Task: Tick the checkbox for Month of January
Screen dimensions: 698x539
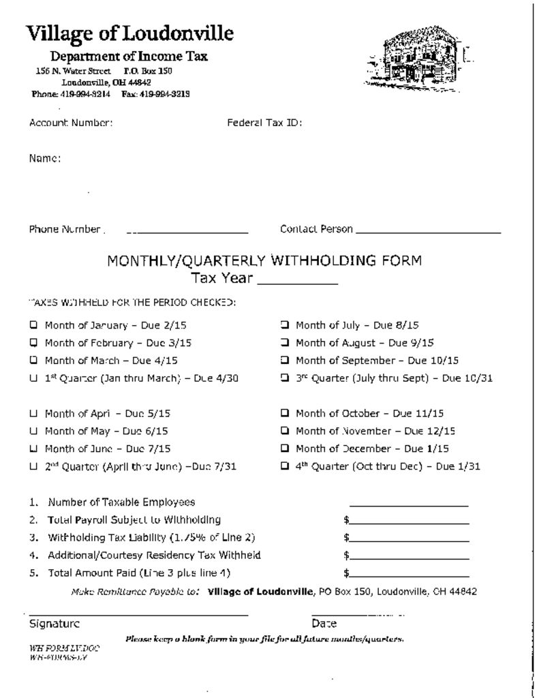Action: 33,325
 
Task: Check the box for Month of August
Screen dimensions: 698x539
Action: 285,343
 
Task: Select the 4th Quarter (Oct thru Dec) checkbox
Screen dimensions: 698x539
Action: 285,467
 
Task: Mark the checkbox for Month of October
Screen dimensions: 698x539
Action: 285,413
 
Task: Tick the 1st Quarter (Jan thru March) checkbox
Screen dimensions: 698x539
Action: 33,378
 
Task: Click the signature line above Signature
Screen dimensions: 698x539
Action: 138,613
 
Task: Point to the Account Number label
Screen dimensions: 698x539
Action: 71,123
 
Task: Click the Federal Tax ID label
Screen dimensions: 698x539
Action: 264,123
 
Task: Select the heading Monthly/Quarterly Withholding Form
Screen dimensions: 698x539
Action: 264,260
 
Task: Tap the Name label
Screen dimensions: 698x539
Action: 45,159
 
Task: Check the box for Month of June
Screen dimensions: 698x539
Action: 33,449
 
